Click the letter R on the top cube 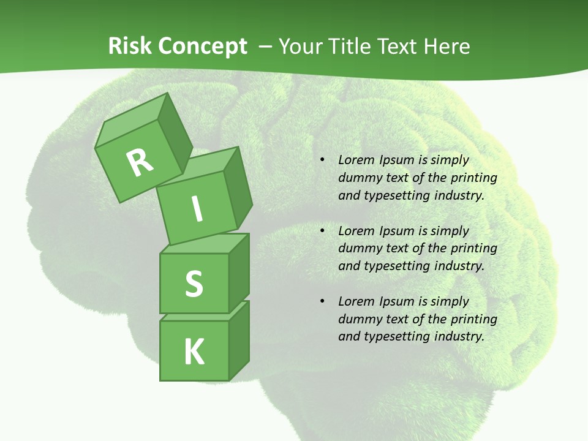[140, 163]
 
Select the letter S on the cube [194, 284]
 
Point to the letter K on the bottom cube [194, 352]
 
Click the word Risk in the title [130, 47]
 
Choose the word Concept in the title [202, 47]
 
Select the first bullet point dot [322, 160]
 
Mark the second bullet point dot [322, 232]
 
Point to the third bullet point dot [322, 302]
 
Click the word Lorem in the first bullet [355, 160]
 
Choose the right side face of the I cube [238, 189]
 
